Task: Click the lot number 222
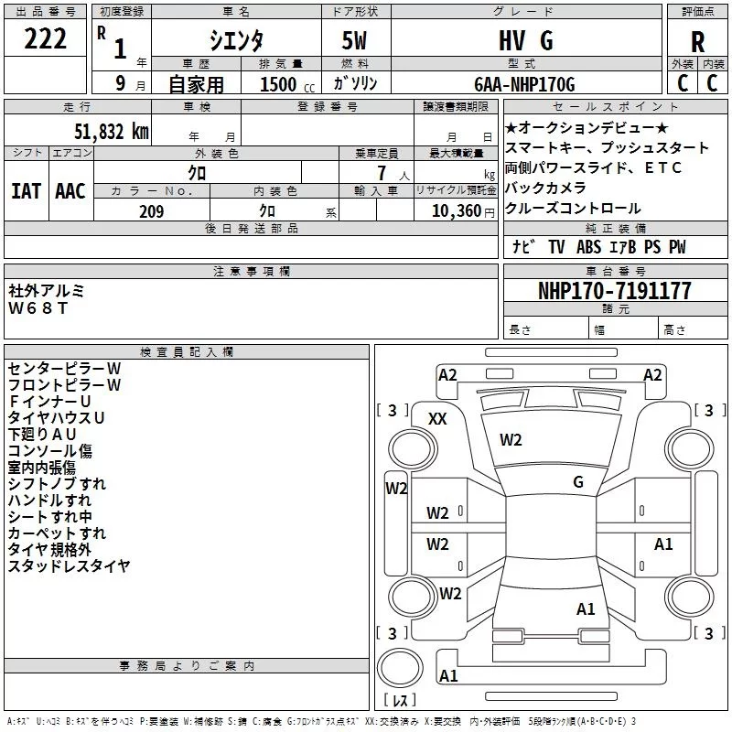46,39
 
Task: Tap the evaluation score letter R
697,40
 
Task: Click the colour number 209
151,211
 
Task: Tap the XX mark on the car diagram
438,418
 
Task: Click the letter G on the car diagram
578,482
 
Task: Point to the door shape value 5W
356,40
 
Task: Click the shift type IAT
26,190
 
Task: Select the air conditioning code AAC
70,190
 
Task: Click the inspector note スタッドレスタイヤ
69,565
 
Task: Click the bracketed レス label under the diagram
400,701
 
